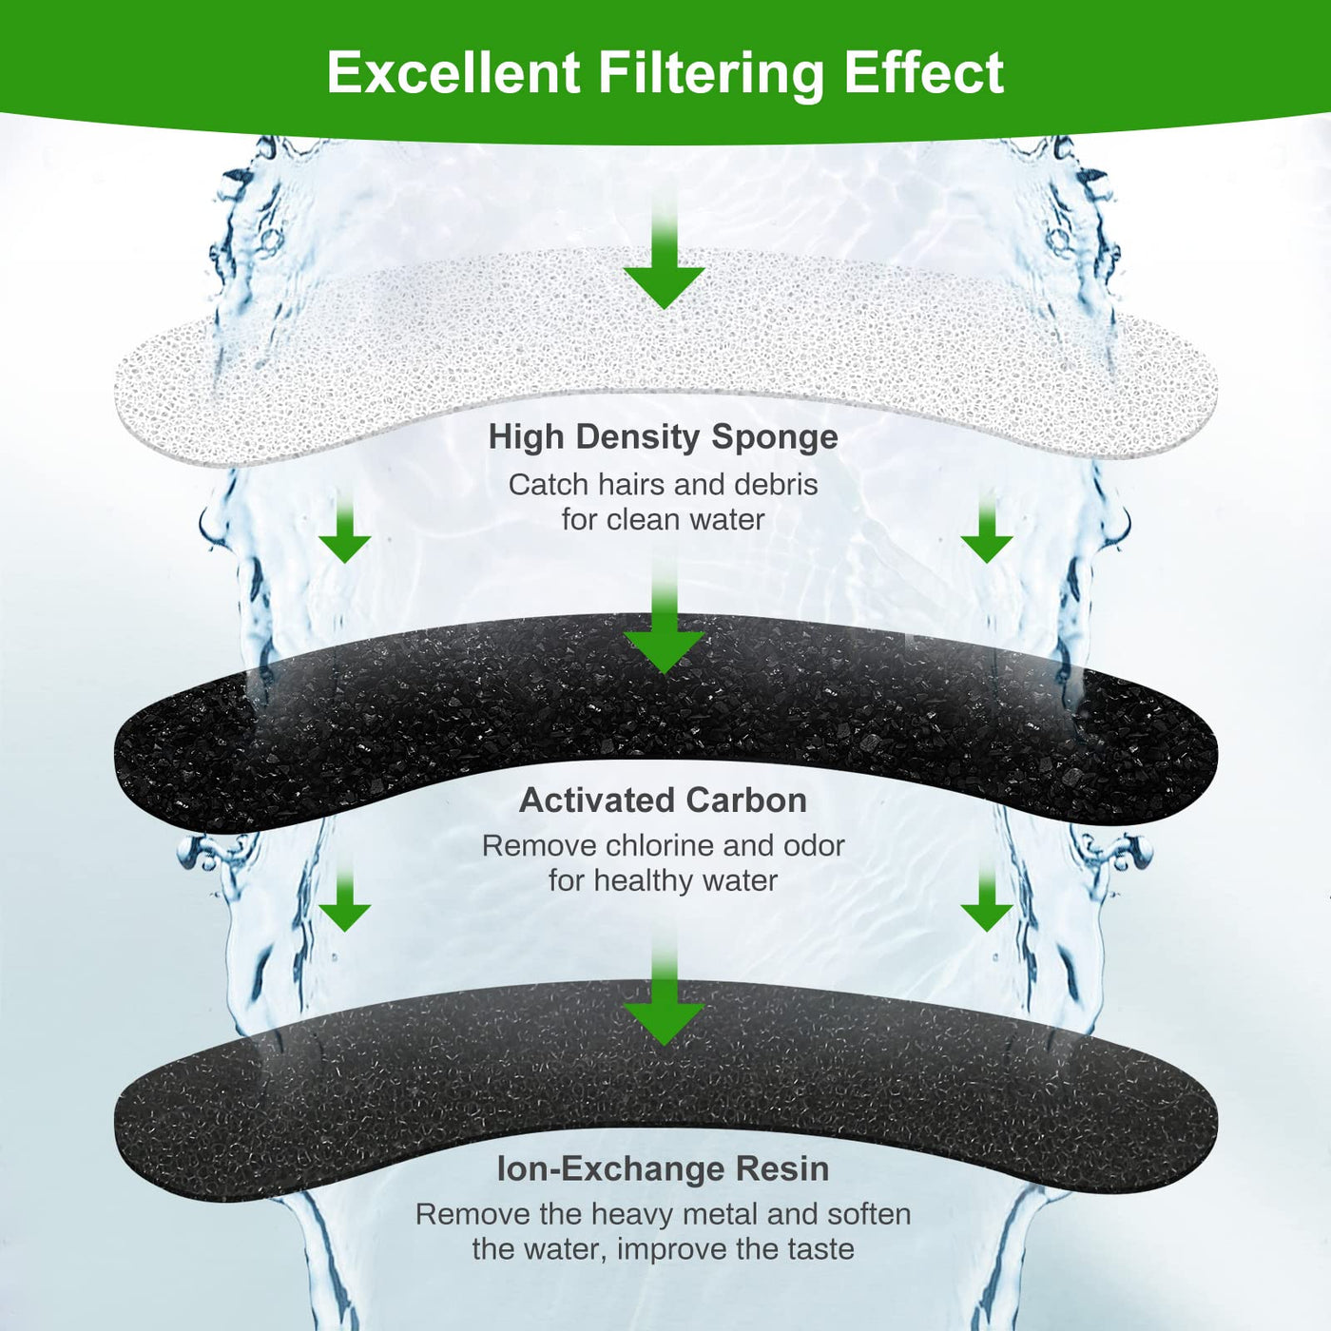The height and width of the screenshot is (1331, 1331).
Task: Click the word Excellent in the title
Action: click(x=453, y=73)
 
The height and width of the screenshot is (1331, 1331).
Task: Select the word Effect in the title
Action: click(x=923, y=73)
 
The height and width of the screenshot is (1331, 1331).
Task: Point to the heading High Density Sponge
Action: click(x=663, y=436)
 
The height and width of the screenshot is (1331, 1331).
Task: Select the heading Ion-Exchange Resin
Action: click(x=663, y=1168)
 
